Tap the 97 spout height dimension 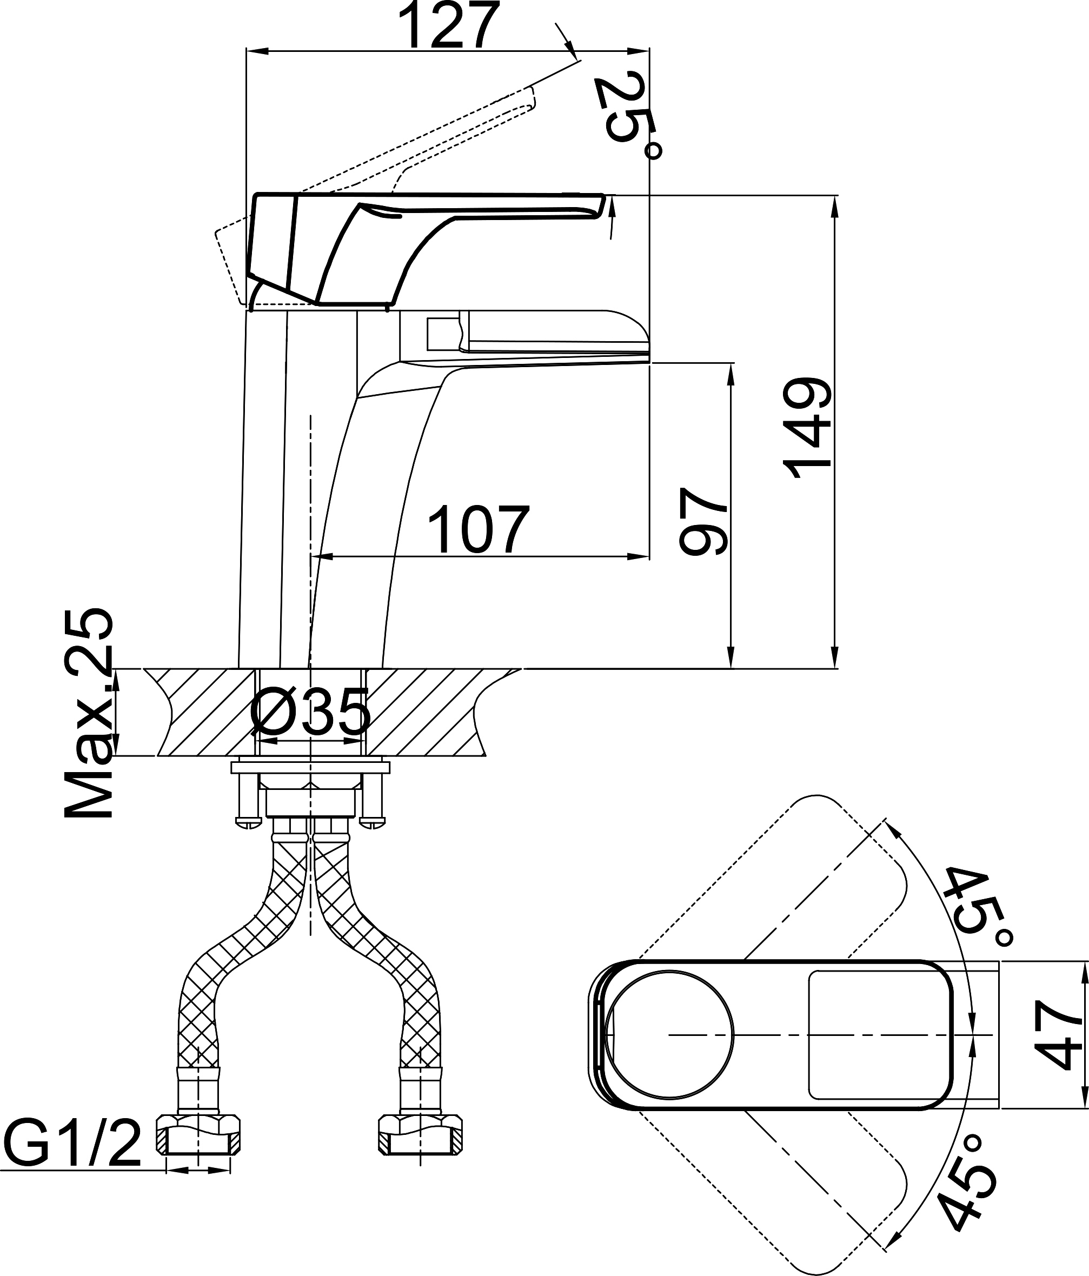point(703,521)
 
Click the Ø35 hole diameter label point(310,713)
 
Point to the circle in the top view point(669,1035)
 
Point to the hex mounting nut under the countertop point(310,794)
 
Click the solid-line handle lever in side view point(425,249)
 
